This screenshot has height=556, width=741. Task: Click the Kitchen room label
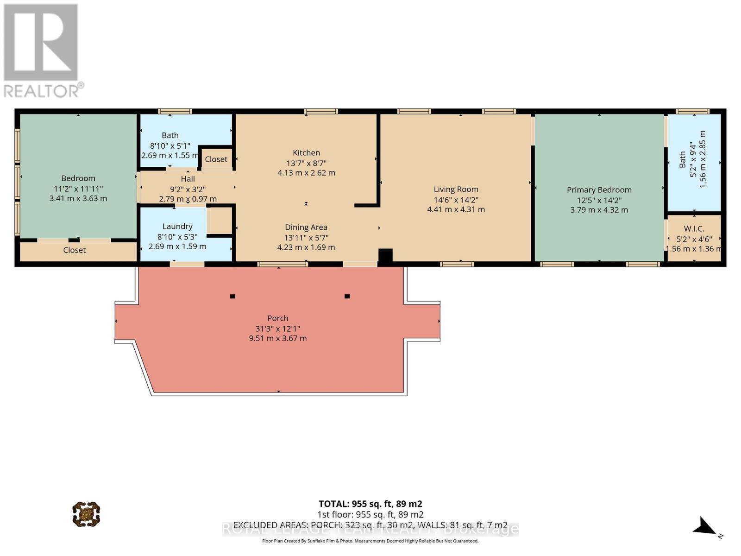click(x=306, y=153)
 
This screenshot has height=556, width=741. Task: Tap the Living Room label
click(x=456, y=190)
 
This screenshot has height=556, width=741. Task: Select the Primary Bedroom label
click(x=599, y=190)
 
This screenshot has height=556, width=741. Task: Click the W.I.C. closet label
click(x=694, y=229)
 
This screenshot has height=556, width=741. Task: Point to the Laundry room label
click(x=177, y=227)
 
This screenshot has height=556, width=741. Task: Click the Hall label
click(x=188, y=179)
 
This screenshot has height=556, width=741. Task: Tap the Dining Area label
click(x=306, y=227)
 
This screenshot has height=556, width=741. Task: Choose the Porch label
click(x=277, y=318)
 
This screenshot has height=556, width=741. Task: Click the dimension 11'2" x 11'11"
click(x=78, y=189)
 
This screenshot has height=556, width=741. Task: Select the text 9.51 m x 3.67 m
click(x=277, y=338)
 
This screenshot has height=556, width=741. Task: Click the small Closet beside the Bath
click(x=216, y=159)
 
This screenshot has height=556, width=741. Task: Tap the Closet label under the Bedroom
click(x=75, y=250)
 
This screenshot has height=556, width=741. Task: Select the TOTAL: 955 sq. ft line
click(x=370, y=504)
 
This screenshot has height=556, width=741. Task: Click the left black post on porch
click(x=232, y=297)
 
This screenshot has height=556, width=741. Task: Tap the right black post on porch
click(x=347, y=297)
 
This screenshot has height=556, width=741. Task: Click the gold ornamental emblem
click(x=86, y=514)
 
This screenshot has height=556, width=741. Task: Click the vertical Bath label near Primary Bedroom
click(x=683, y=160)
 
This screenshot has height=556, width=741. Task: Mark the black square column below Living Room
click(x=385, y=256)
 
